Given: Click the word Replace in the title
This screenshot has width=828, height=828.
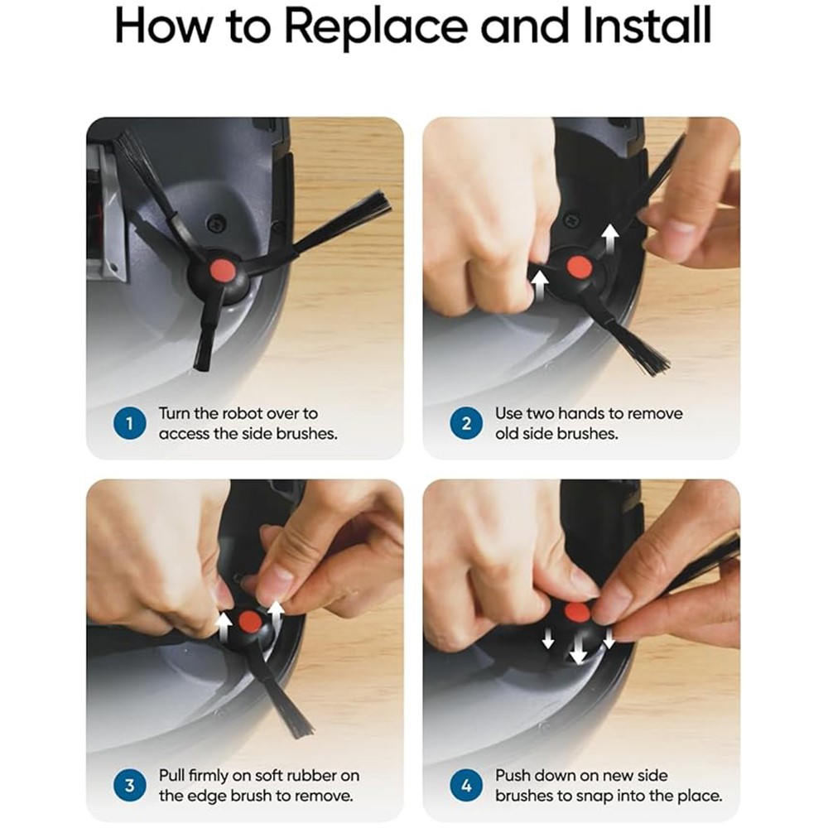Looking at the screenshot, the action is pyautogui.click(x=376, y=27).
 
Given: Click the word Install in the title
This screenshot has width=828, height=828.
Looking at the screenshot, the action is pyautogui.click(x=647, y=26).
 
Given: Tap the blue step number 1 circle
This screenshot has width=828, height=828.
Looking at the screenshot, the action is pyautogui.click(x=129, y=423).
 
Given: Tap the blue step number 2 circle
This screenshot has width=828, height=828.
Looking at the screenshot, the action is pyautogui.click(x=465, y=423).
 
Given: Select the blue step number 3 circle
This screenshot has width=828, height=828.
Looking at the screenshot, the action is pyautogui.click(x=129, y=786).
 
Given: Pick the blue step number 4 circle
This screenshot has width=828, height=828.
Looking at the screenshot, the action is pyautogui.click(x=465, y=786).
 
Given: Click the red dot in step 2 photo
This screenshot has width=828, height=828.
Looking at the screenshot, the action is pyautogui.click(x=579, y=267).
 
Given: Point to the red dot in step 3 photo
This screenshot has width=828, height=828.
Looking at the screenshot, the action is pyautogui.click(x=250, y=622).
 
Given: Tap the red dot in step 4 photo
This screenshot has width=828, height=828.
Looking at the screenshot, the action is pyautogui.click(x=576, y=613).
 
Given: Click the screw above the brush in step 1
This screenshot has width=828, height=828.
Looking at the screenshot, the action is pyautogui.click(x=215, y=222).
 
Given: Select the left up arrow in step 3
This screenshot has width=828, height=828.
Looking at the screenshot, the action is pyautogui.click(x=224, y=626).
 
